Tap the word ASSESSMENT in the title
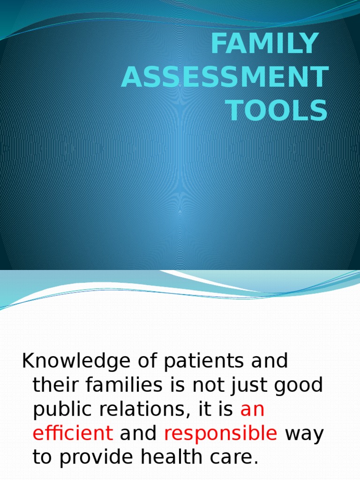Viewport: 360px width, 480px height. point(224,78)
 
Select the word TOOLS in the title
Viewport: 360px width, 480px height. point(277,111)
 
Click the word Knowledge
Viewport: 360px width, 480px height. point(76,362)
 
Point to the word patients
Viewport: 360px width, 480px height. point(198,362)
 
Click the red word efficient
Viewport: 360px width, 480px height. point(73,434)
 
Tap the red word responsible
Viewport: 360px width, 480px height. point(220,434)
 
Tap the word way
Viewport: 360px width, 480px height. point(304,434)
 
